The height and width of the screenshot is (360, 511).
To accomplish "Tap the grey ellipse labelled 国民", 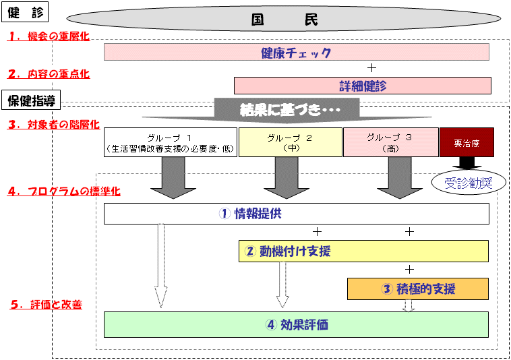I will point(284,20).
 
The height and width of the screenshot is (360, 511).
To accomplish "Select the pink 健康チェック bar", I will point(296,52).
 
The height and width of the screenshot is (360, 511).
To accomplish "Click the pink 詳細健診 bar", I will point(361,86).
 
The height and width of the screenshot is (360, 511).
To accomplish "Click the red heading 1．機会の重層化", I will point(49,36).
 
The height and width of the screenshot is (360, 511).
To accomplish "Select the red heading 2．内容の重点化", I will point(49,73).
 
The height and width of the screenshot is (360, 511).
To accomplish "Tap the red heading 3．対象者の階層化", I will point(54,124).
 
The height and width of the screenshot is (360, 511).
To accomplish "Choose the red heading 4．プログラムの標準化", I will point(65,191).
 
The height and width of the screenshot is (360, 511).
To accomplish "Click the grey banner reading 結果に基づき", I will point(286,109).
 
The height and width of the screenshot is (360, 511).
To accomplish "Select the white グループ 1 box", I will point(170,142).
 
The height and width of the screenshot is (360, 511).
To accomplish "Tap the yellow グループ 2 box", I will point(291,142).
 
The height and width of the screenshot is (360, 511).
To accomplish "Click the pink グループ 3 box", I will point(390,142).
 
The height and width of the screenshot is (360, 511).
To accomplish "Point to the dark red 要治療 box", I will point(467,142).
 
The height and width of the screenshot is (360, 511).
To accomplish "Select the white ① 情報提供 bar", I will point(296,214).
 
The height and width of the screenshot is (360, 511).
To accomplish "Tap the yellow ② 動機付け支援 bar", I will point(363,251).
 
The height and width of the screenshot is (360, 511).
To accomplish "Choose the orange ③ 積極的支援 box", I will point(417,289).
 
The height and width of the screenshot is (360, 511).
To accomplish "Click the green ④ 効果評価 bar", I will point(296,324).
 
